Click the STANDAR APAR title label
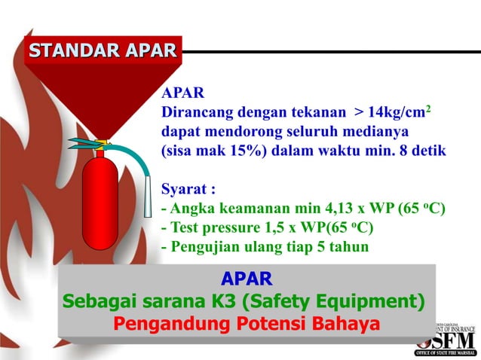coord(103,50)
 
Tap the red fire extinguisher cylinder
coord(100,200)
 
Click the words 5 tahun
coord(345,246)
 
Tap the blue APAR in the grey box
coord(247,278)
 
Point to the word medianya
coord(374,131)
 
